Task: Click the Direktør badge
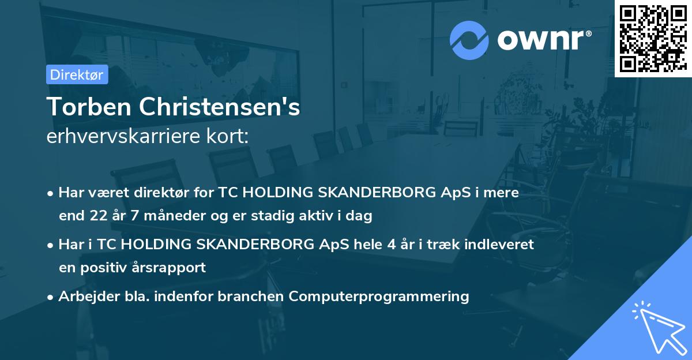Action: [77, 74]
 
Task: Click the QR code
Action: [653, 38]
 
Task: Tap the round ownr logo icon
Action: [469, 40]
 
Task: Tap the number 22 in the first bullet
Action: [97, 216]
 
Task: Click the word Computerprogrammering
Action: [379, 297]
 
